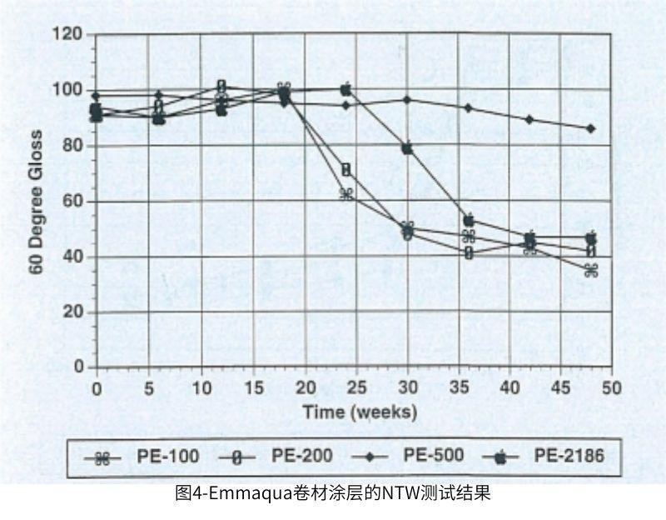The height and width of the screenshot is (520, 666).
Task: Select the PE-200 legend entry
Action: [275, 456]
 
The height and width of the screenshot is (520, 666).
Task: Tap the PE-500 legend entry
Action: [409, 456]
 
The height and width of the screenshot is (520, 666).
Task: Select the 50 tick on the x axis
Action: [612, 387]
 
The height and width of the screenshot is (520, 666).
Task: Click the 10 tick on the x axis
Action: [200, 387]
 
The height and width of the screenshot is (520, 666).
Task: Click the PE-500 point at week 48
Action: [591, 128]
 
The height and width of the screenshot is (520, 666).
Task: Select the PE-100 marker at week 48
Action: [591, 270]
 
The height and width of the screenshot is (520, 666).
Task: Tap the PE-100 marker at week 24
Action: [346, 194]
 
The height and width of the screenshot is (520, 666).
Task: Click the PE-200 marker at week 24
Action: [346, 170]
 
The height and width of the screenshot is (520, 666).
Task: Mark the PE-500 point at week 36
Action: [469, 108]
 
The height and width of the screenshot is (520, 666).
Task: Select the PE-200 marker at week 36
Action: [470, 252]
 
